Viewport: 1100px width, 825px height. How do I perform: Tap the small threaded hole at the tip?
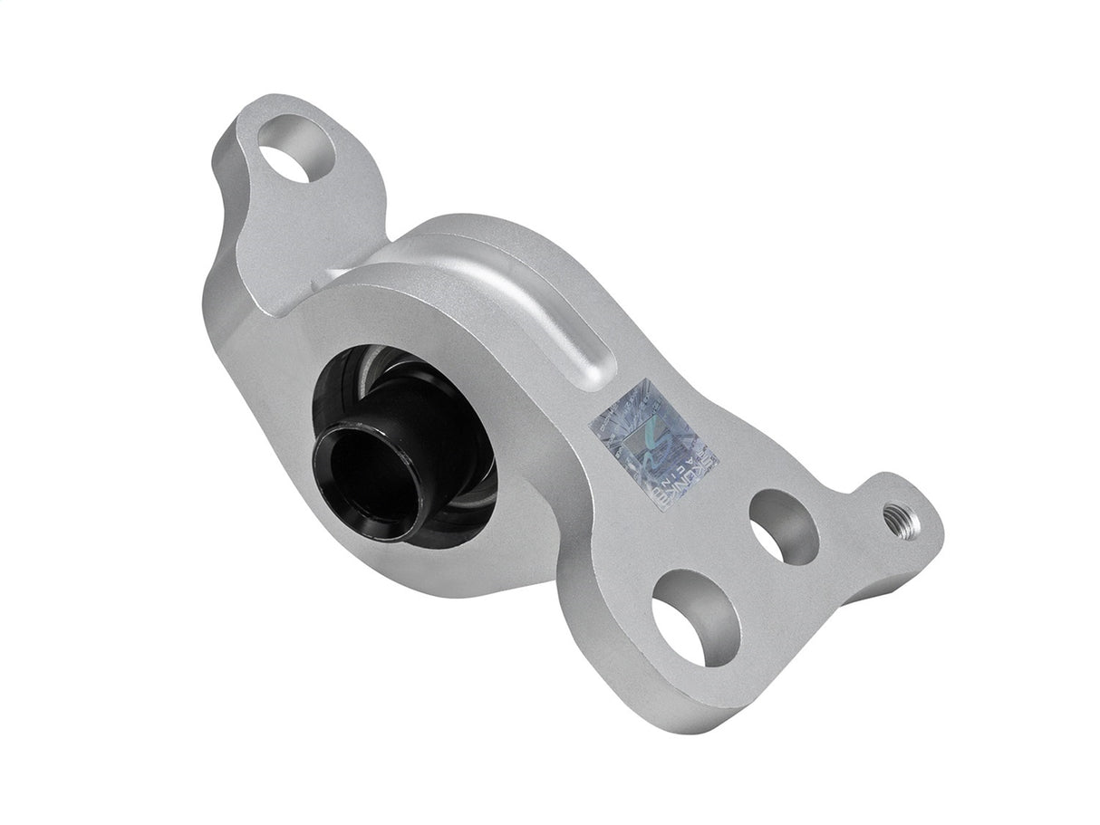pyautogui.click(x=904, y=523)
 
